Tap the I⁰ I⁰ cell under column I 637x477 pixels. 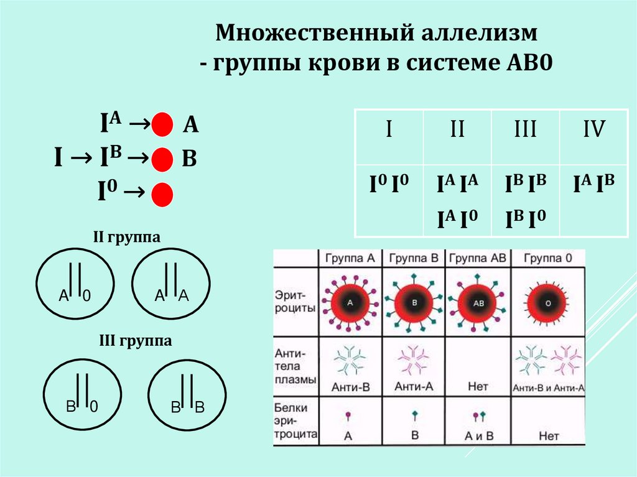click(389, 185)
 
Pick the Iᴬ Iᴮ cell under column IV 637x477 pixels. click(594, 185)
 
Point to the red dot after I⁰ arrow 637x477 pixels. click(161, 194)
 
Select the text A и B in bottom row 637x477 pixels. click(478, 435)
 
